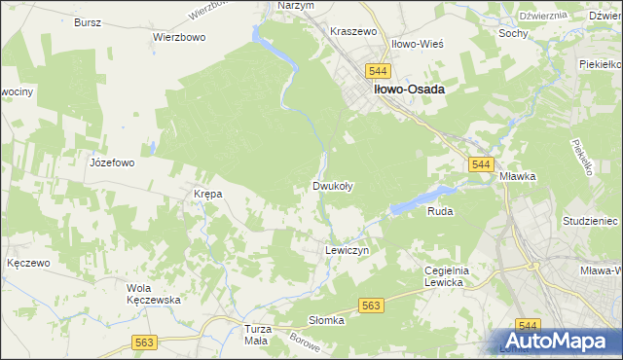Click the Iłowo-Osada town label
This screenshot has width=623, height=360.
pyautogui.click(x=406, y=89)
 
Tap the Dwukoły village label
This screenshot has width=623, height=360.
pyautogui.click(x=332, y=186)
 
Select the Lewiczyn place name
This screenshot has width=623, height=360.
pyautogui.click(x=346, y=250)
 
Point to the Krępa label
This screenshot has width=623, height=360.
pyautogui.click(x=208, y=194)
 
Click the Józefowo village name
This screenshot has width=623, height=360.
pyautogui.click(x=111, y=162)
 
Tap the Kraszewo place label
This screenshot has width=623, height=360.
pyautogui.click(x=353, y=32)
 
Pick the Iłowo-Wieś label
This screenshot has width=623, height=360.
pyautogui.click(x=418, y=45)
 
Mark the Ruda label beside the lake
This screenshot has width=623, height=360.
pyautogui.click(x=441, y=210)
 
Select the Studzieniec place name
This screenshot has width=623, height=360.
pyautogui.click(x=590, y=221)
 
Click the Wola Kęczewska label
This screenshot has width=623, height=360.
pyautogui.click(x=154, y=294)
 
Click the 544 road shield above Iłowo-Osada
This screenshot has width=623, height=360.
pyautogui.click(x=379, y=71)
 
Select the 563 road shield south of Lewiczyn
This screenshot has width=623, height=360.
pyautogui.click(x=371, y=306)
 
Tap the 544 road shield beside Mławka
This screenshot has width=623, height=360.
pyautogui.click(x=479, y=165)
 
